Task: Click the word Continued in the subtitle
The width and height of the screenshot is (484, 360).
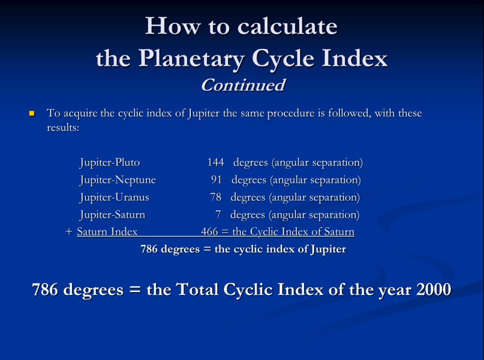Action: coord(243,85)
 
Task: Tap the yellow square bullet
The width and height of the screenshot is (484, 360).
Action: coord(32,114)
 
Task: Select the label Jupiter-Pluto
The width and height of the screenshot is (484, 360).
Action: coord(110,163)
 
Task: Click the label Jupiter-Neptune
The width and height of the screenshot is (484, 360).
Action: coord(118,180)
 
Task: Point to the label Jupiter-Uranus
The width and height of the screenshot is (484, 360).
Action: coord(114,197)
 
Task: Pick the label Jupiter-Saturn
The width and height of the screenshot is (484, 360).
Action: coord(112,215)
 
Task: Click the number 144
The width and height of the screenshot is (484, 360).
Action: coord(216,163)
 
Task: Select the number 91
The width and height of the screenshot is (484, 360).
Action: coord(217,180)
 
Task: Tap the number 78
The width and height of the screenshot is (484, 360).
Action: coord(216,197)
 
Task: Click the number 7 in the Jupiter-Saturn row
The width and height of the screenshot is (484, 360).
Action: coord(218,215)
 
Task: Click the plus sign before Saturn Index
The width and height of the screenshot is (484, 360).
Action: coord(69,232)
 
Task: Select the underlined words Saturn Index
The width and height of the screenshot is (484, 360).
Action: coord(107,232)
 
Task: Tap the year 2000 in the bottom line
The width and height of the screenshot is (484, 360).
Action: coord(433,290)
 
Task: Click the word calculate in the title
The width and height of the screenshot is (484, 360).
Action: coord(287,26)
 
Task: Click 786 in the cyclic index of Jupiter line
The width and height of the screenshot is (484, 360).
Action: coord(149,249)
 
